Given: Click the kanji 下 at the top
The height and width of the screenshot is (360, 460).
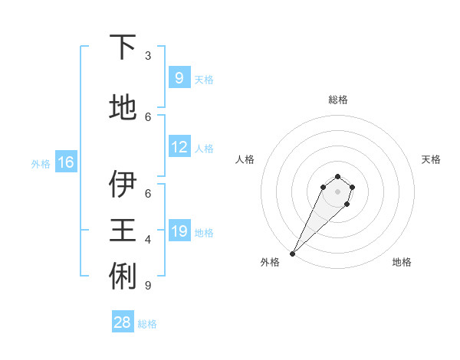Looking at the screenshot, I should point(123,48).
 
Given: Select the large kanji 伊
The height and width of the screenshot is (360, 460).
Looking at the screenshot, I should point(123,184).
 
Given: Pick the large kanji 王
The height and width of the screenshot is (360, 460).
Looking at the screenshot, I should point(123,228).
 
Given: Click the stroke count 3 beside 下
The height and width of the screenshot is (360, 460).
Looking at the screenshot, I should point(148,56).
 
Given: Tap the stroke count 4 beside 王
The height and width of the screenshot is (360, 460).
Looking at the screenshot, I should point(148,240).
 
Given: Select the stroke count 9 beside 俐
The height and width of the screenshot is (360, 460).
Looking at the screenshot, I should point(148,286).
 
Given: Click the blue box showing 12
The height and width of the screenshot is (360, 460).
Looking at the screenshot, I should point(179,148).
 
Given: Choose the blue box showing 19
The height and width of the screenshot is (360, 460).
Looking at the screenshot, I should point(179,231).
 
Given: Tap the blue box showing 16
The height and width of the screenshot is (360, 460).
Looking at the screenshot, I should point(66,162).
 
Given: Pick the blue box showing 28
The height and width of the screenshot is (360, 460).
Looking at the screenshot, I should point(123,322).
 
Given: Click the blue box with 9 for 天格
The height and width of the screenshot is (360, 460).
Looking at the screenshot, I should point(179,78).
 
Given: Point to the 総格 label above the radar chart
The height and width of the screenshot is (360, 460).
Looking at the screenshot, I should point(337,100).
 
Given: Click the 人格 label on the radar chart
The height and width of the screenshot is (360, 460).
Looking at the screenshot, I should point(245,159).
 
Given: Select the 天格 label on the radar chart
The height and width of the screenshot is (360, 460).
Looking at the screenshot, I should point(431,159).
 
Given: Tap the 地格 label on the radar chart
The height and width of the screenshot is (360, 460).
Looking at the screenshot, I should point(402,262).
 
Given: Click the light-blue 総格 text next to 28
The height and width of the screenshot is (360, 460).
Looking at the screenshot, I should point(147,324).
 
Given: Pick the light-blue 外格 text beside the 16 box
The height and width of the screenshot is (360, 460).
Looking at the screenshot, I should point(40,163).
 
